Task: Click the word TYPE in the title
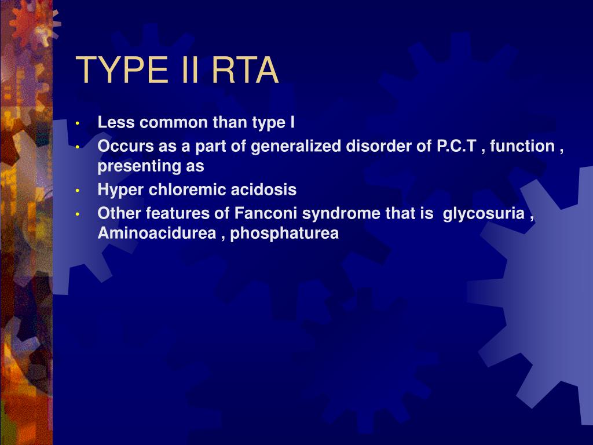pos(122,70)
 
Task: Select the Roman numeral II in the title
pos(190,70)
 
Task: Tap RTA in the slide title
pos(246,70)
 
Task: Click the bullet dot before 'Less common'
pos(78,123)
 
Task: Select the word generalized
pos(296,146)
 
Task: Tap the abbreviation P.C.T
pos(456,146)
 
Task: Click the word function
pos(522,146)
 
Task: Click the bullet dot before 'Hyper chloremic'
pos(78,191)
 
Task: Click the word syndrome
pos(341,214)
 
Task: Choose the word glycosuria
pos(484,214)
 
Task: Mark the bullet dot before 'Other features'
pos(78,214)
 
